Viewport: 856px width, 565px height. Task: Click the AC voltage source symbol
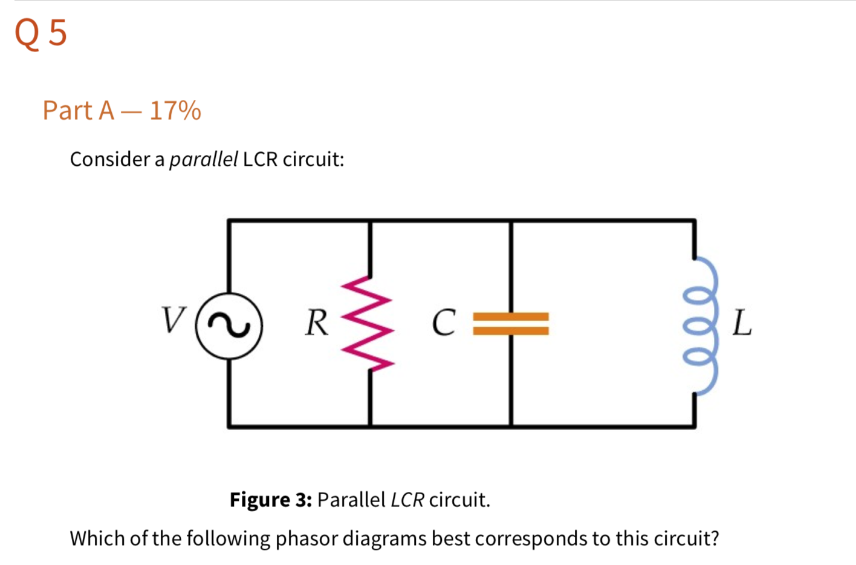tap(229, 325)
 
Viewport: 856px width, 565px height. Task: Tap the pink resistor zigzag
tap(369, 323)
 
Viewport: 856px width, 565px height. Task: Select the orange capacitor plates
tap(511, 323)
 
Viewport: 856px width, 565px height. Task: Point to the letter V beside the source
tap(173, 319)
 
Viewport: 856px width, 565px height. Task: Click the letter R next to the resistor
tap(317, 322)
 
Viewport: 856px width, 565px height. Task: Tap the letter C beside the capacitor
tap(444, 322)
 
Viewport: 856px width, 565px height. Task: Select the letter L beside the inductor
tap(742, 322)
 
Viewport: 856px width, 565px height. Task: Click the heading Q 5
tap(41, 33)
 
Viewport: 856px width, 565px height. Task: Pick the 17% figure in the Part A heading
tap(175, 111)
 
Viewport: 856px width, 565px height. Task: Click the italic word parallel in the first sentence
tap(203, 159)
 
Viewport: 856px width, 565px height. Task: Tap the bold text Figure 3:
tap(270, 500)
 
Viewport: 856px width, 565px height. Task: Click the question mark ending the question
tap(715, 538)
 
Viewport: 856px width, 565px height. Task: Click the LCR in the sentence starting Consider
tap(260, 159)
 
